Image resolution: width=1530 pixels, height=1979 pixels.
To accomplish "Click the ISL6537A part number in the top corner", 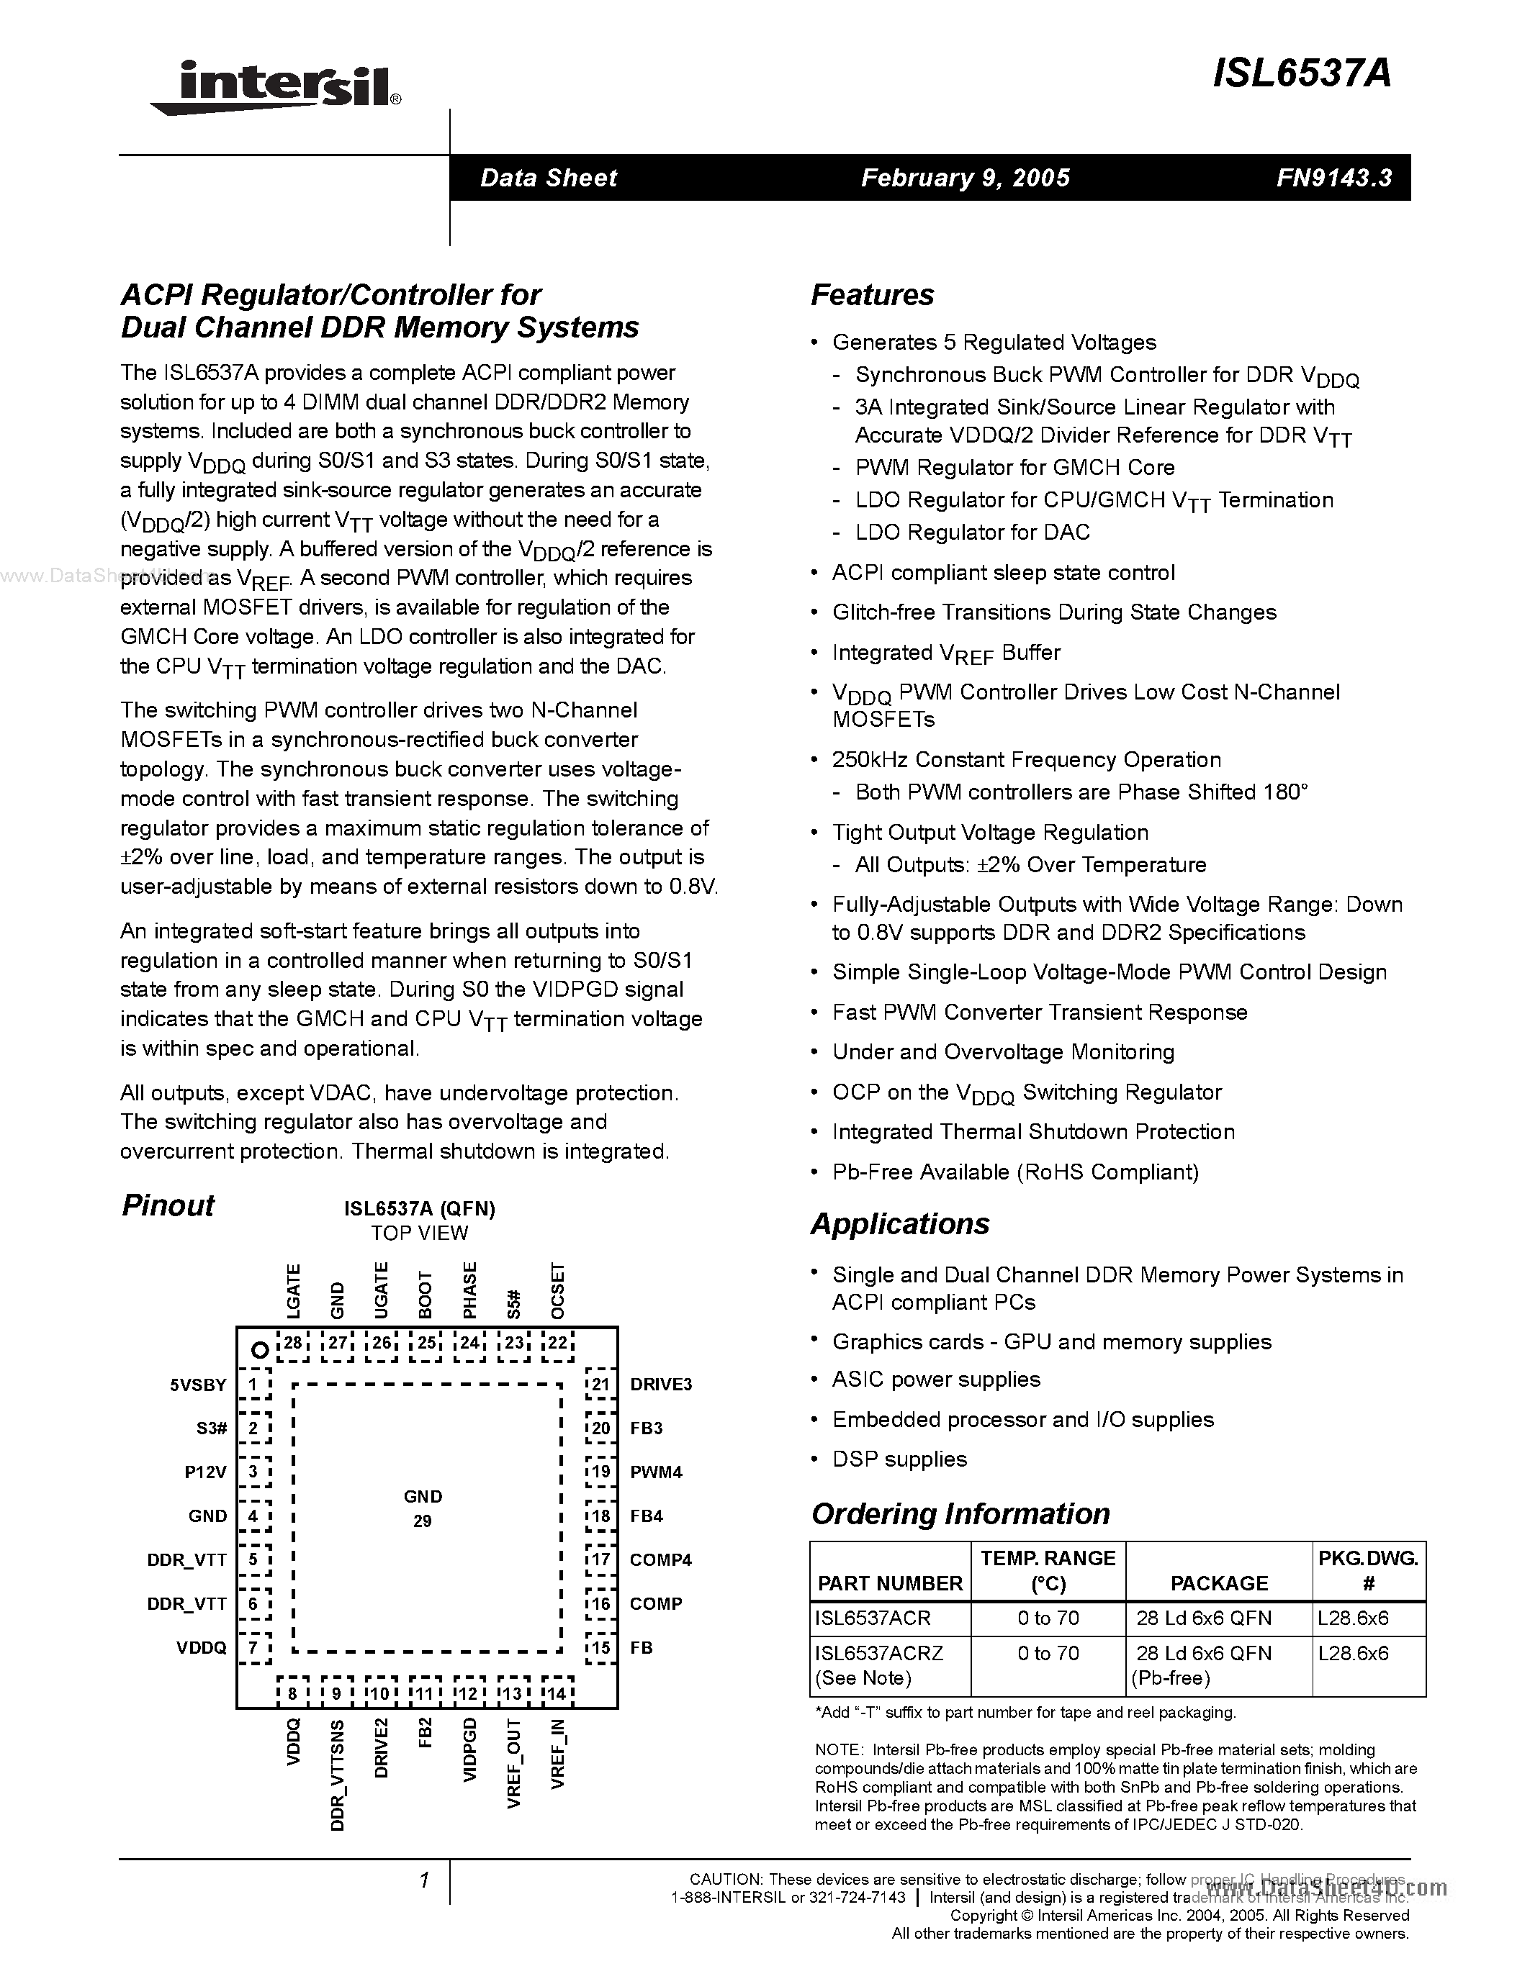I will [x=1301, y=74].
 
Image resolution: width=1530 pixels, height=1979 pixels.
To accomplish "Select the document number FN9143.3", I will [x=1333, y=178].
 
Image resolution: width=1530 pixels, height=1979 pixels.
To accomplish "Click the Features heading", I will [x=871, y=295].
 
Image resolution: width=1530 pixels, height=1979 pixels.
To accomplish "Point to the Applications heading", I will [x=899, y=1224].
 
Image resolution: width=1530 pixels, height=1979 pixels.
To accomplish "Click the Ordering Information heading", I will [x=960, y=1514].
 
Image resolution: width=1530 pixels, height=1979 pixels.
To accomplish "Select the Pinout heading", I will [x=168, y=1206].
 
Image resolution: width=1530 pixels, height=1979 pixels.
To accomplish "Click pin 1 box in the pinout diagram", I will [x=253, y=1385].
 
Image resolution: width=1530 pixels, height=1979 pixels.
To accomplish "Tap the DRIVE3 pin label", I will [x=661, y=1385].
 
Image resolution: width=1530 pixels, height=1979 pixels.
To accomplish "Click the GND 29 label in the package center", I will [x=423, y=1508].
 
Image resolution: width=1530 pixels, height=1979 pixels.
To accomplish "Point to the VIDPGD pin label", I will [x=469, y=1749].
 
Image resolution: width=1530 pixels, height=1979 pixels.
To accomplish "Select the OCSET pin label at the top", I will [x=557, y=1290].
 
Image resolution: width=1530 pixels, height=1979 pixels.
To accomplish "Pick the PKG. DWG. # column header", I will [x=1368, y=1570].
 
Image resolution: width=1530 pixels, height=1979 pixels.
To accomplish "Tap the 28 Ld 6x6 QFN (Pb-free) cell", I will [x=1203, y=1665].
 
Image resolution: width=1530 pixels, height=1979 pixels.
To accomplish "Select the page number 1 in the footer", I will [x=423, y=1881].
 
